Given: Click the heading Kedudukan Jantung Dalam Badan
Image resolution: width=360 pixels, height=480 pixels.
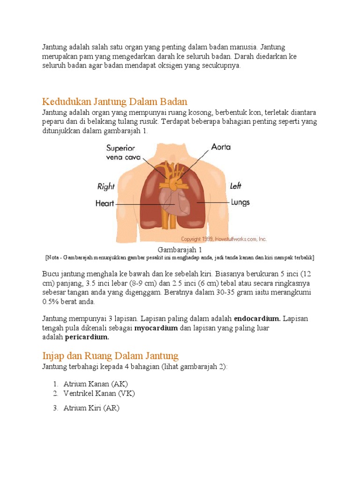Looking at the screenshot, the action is (114, 102).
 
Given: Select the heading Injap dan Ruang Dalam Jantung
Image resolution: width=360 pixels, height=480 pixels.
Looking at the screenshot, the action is (110, 356).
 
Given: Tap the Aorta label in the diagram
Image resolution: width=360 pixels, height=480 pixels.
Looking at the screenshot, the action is (221, 147).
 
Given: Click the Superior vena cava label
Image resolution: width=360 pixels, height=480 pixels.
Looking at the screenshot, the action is (120, 152).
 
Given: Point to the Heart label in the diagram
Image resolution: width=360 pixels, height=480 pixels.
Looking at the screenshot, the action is (105, 204).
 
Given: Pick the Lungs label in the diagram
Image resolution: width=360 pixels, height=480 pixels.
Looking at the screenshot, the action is (240, 202).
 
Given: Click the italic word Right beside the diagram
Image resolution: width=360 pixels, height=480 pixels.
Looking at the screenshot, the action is (106, 186).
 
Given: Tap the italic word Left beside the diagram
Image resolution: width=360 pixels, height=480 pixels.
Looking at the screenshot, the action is (236, 186).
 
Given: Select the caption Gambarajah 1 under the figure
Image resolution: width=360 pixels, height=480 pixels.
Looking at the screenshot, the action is (180, 250).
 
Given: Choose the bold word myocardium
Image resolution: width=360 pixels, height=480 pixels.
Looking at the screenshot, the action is (156, 328).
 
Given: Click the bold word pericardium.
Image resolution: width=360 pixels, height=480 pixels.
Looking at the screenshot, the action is (87, 337).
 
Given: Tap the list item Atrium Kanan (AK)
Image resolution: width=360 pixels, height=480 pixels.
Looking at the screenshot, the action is (96, 384).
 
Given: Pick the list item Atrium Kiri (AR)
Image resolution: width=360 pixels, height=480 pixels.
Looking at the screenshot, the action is (91, 408).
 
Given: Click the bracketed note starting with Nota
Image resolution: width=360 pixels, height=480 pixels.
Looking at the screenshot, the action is (180, 258).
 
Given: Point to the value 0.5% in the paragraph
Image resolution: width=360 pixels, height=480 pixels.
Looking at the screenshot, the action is (50, 302).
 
